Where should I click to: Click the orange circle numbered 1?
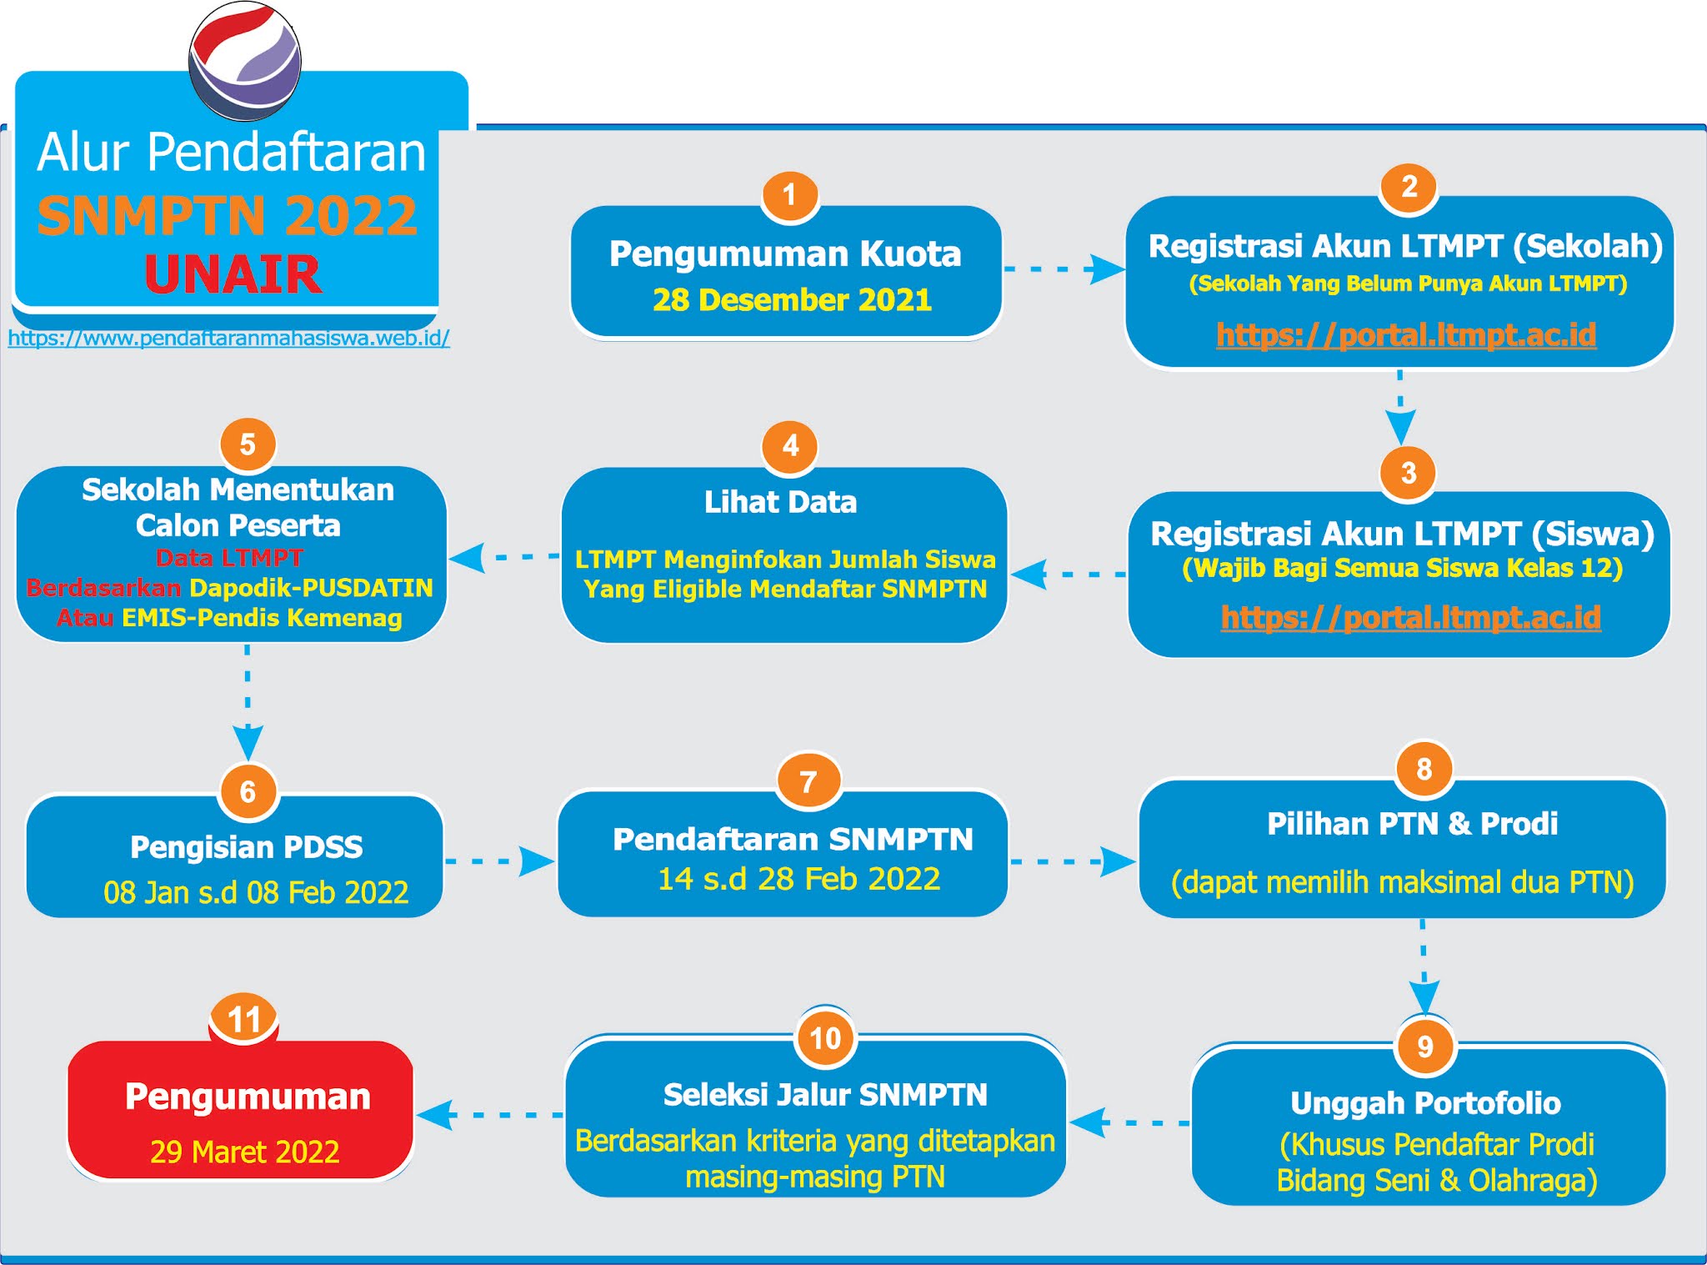click(789, 195)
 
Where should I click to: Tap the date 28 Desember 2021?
click(792, 300)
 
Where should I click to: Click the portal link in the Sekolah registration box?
click(1406, 334)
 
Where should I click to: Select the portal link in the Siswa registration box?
click(1410, 617)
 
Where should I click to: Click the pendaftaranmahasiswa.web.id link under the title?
click(229, 339)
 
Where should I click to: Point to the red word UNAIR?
click(233, 274)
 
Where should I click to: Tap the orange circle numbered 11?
click(243, 1019)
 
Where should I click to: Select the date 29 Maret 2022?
click(244, 1152)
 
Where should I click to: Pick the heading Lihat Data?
click(780, 502)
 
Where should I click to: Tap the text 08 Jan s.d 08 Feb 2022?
click(256, 892)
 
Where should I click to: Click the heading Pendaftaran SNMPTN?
click(793, 839)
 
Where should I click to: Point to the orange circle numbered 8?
click(1424, 769)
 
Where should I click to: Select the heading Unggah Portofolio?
click(1425, 1103)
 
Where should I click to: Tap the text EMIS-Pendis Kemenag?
click(262, 618)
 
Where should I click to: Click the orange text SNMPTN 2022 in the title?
click(227, 215)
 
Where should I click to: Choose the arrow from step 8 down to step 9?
click(1424, 967)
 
